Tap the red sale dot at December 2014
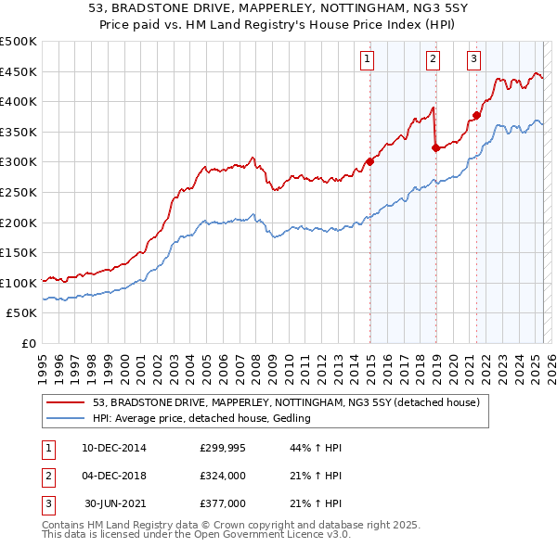click(369, 161)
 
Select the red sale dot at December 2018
click(435, 146)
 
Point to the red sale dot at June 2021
click(476, 115)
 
